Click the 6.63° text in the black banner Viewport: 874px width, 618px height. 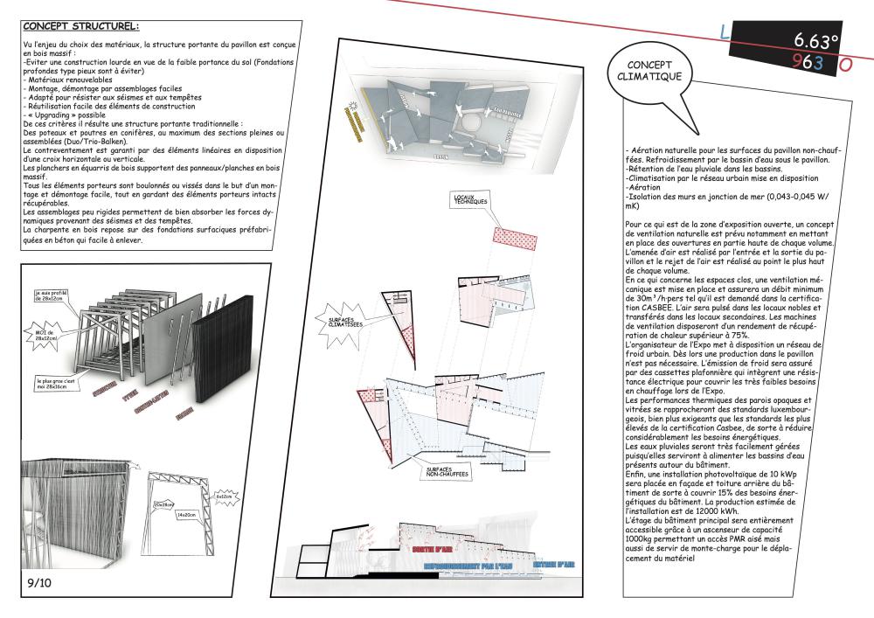click(816, 40)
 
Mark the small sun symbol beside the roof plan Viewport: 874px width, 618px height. click(354, 106)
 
